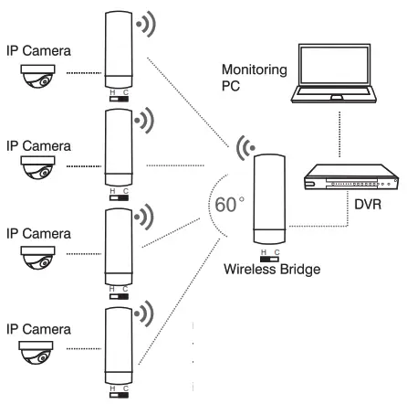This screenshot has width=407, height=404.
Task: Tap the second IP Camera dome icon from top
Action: pyautogui.click(x=37, y=166)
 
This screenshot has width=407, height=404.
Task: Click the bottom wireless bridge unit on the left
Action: pyautogui.click(x=119, y=348)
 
